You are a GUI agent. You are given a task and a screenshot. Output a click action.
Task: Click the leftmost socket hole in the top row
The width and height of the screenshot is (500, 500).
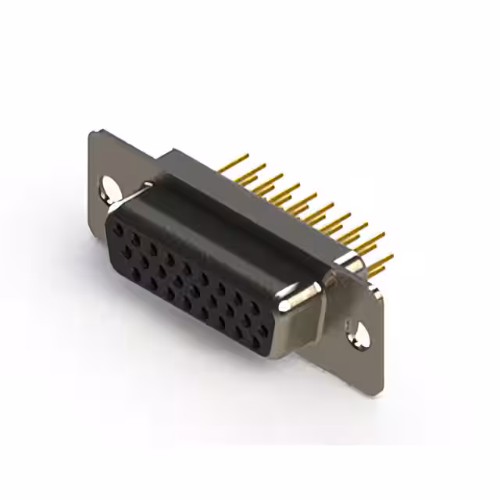pyautogui.click(x=118, y=230)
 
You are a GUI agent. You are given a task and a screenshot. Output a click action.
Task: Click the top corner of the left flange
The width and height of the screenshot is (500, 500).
pyautogui.click(x=94, y=133)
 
